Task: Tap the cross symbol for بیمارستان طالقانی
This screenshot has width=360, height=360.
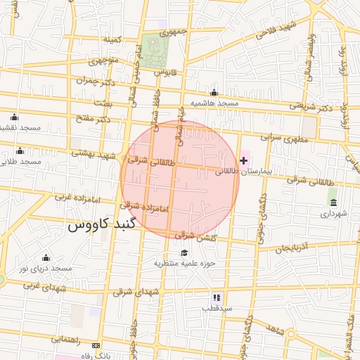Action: click(244, 161)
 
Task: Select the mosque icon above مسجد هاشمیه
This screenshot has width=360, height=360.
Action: click(214, 93)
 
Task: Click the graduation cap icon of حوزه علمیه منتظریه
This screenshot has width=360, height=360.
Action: click(184, 253)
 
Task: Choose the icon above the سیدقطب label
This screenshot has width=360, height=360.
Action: click(217, 297)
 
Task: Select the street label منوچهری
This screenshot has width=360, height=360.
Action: click(103, 60)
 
